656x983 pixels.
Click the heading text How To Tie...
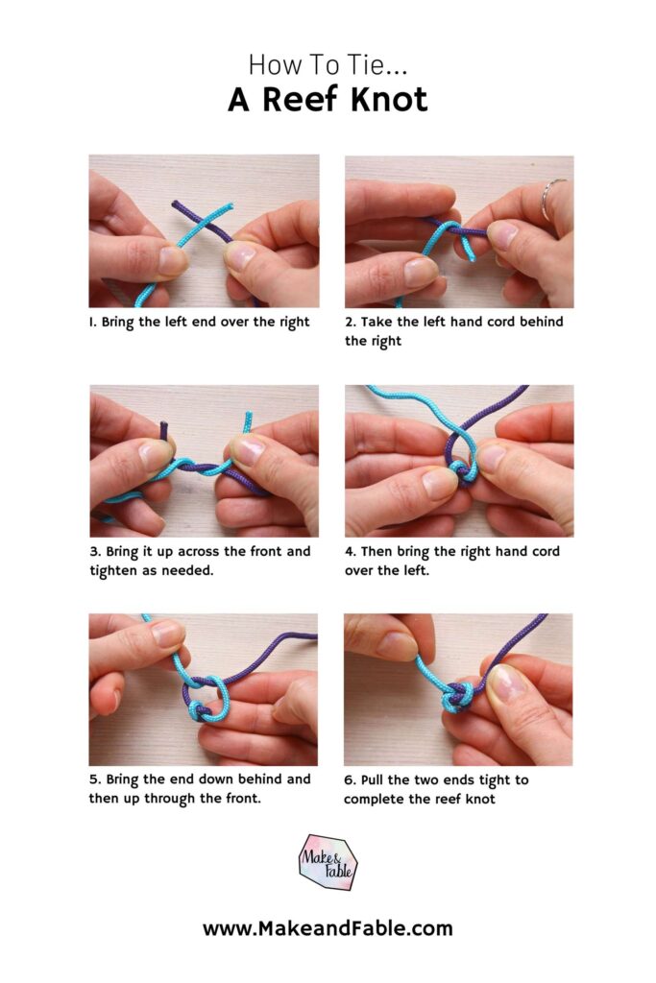coord(327,64)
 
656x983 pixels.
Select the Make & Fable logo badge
coord(327,861)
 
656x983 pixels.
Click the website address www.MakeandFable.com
coord(327,928)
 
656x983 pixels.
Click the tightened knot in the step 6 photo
coord(456,697)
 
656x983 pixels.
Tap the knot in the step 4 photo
coord(463,470)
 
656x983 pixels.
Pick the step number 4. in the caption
coord(351,552)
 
